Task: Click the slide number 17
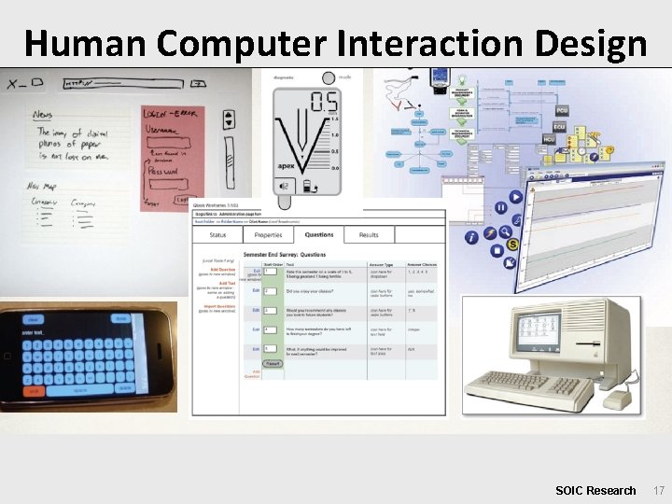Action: (x=658, y=490)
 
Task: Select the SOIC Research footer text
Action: (x=595, y=490)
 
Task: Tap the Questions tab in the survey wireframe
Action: (x=318, y=235)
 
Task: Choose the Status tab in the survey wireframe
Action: (x=217, y=235)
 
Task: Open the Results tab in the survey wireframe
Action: (x=369, y=235)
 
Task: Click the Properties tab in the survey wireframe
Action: (x=268, y=235)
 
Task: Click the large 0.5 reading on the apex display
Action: (x=325, y=102)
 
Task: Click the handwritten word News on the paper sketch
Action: (x=43, y=115)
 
